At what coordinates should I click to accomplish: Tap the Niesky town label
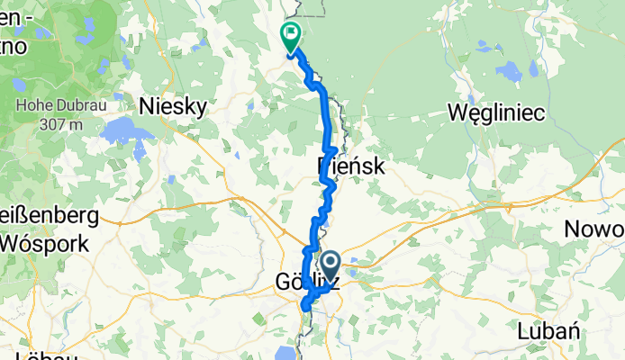point(173,106)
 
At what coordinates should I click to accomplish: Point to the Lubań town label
point(548,330)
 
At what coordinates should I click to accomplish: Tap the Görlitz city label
point(306,283)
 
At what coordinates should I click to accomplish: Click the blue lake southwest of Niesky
point(121,133)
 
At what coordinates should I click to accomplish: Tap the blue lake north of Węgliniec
point(511,71)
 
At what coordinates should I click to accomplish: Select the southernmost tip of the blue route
point(305,309)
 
